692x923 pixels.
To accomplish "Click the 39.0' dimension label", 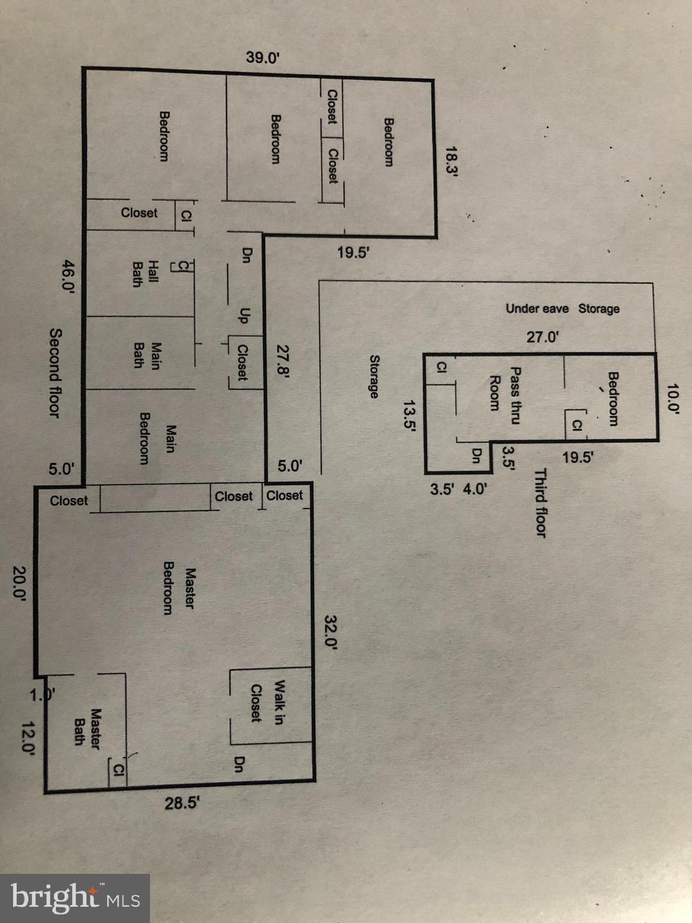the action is coord(263,58).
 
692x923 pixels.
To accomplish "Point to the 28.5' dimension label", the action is coord(181,803).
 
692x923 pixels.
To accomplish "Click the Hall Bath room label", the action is coord(145,274).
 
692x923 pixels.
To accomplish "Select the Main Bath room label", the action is coord(147,356).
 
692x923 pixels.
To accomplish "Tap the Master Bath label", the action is coord(86,727).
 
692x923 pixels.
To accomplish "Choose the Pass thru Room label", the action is coord(505,395).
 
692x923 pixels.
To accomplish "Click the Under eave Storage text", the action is coord(562,308).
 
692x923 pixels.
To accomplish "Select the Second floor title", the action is coord(55,373).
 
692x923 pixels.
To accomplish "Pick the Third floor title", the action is coord(541,503).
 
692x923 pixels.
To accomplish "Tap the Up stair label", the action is coord(244,315).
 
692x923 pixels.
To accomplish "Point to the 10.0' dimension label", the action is coord(672,400).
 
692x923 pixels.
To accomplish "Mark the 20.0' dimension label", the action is coord(20,583).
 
